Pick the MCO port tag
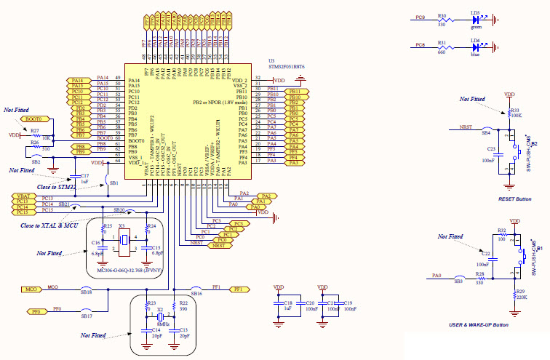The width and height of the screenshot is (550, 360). click(31, 289)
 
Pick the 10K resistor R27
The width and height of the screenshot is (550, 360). click(35, 135)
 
